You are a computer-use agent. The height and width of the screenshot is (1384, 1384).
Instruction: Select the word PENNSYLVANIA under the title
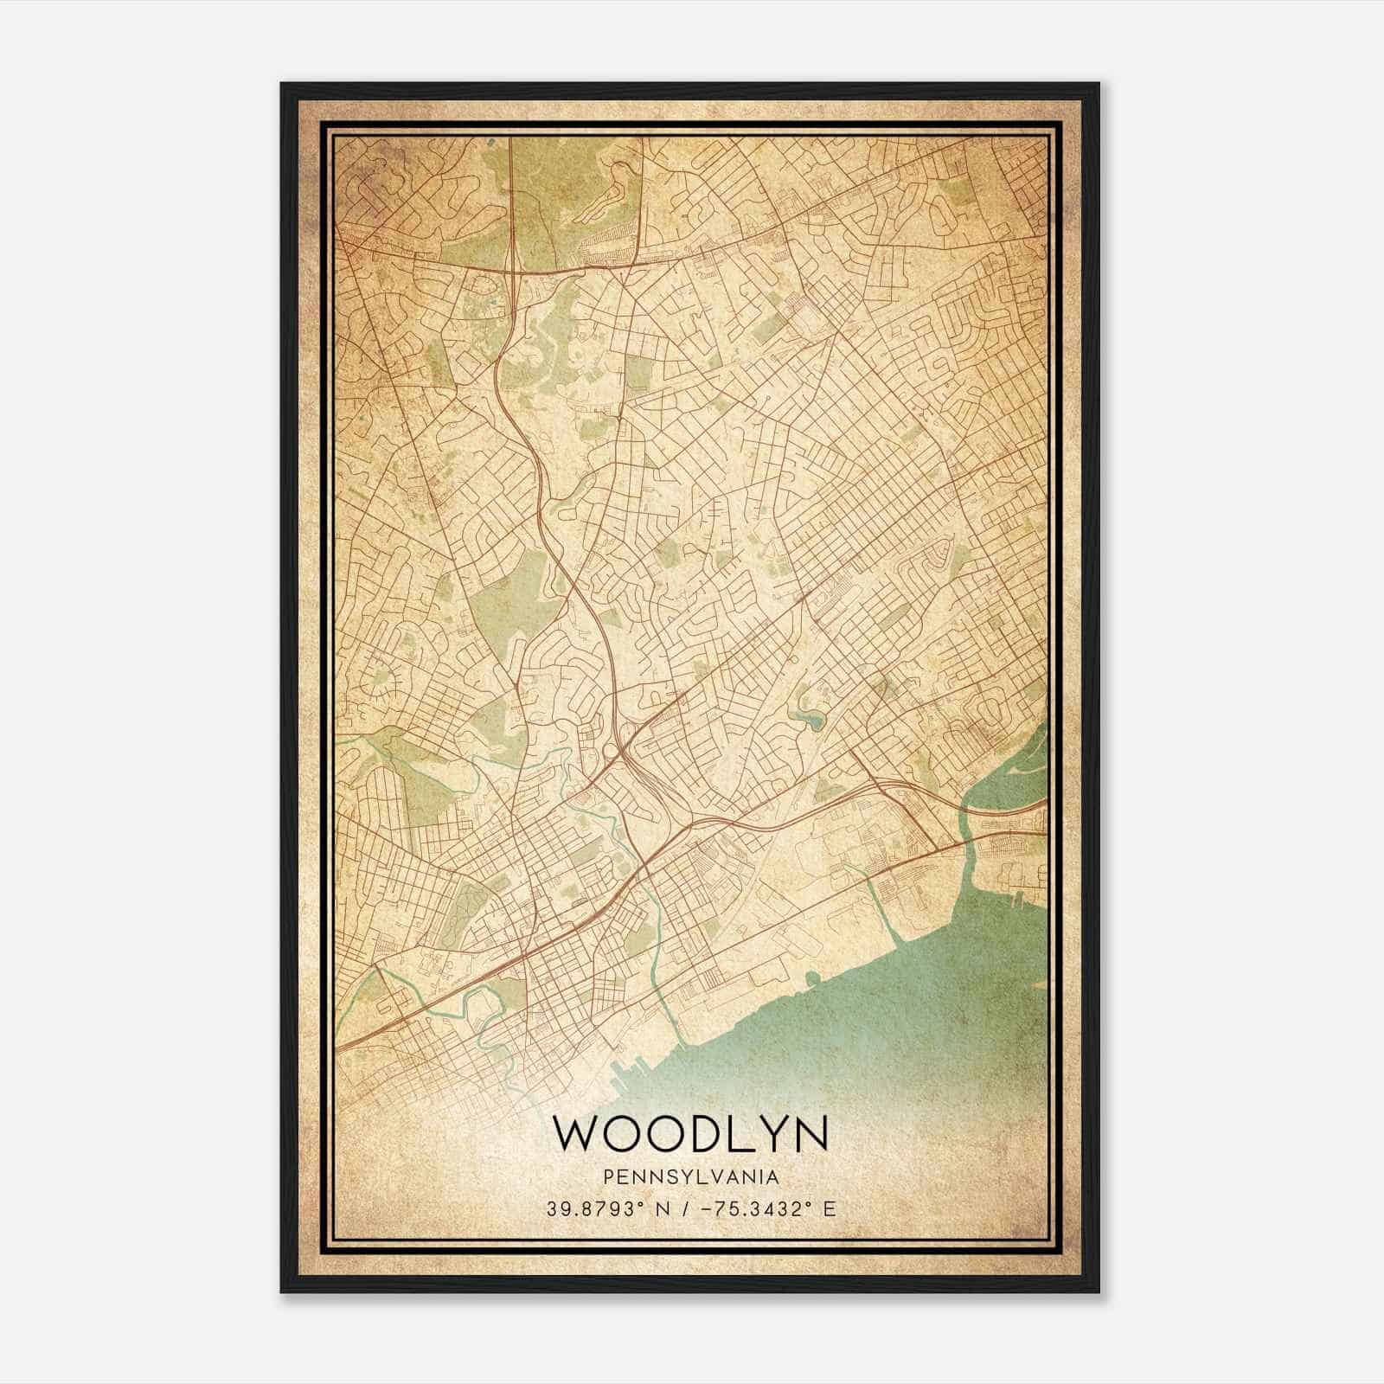[x=690, y=1177]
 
